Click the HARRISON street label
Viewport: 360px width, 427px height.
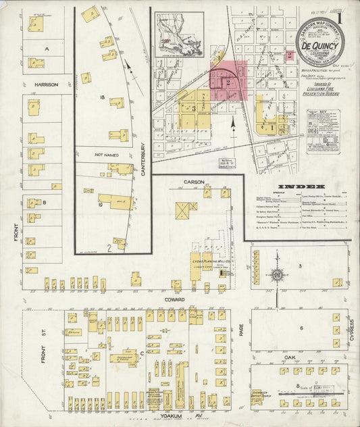(45, 84)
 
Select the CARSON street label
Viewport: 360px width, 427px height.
(195, 182)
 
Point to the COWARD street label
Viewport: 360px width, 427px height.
(173, 298)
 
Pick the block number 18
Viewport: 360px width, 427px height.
(101, 98)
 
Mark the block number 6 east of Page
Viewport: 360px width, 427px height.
(300, 328)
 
